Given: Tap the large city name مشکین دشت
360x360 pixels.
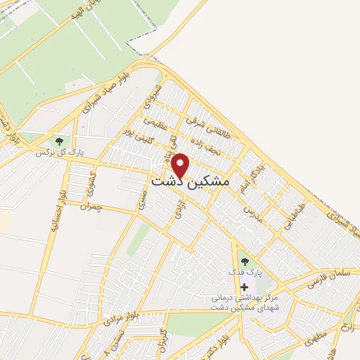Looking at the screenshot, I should click(190, 181).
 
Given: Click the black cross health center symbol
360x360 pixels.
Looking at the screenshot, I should click(244, 286).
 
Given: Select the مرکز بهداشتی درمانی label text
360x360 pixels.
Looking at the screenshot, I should click(244, 298).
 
